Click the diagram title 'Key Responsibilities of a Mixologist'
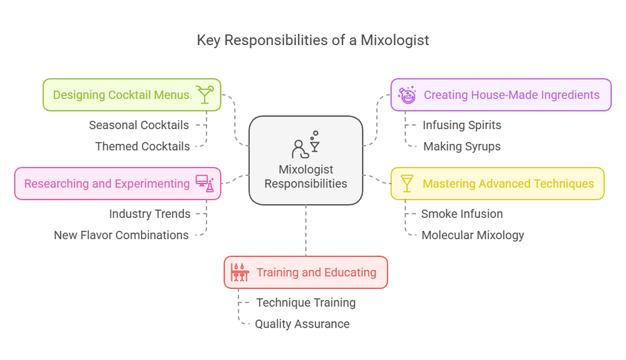(313, 41)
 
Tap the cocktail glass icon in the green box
(205, 95)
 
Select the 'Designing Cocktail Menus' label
(121, 95)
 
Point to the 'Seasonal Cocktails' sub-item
(139, 125)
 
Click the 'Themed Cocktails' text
(142, 147)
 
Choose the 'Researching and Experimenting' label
(106, 183)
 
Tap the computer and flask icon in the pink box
(205, 183)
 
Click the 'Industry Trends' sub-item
(150, 214)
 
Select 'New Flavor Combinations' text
(121, 235)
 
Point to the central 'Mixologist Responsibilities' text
(305, 177)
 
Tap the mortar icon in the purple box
(408, 95)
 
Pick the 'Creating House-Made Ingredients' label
(511, 95)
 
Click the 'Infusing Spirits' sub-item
(461, 125)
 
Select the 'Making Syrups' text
(461, 147)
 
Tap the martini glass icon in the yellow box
(408, 183)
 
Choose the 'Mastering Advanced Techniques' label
(508, 183)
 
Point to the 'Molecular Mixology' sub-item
(473, 235)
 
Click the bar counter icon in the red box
(240, 272)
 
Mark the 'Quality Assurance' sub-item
(302, 324)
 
